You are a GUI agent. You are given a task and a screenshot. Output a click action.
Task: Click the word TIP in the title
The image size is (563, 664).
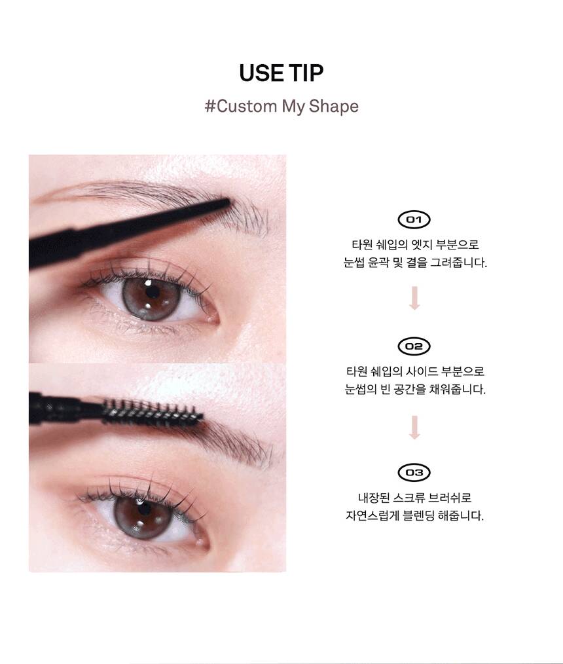coord(306,73)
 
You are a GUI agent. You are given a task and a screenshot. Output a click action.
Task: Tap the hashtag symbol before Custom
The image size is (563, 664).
coord(210,106)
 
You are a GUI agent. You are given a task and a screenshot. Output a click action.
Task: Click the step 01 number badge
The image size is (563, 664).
coord(414,219)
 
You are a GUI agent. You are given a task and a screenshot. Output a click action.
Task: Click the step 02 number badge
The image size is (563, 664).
coord(414,346)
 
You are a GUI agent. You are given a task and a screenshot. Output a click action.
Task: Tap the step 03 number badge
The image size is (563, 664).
coord(414,473)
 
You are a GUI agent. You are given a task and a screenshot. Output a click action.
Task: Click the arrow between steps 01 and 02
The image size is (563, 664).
coord(414,298)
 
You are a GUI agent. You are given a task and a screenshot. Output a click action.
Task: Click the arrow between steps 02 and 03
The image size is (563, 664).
coord(414,427)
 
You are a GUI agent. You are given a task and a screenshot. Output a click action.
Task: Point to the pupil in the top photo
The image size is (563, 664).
coord(153,292)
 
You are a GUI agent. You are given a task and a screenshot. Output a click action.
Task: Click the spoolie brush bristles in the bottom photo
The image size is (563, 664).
coord(153,411)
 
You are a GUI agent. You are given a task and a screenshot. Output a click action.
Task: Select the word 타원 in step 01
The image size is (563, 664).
coord(361,244)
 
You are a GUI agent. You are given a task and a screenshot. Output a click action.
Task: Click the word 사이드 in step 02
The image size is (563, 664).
coord(421,371)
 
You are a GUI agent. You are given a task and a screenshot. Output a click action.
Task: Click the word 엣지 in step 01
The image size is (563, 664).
coord(421,244)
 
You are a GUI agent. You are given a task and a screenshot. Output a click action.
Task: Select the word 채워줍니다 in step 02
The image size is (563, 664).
coord(457,390)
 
